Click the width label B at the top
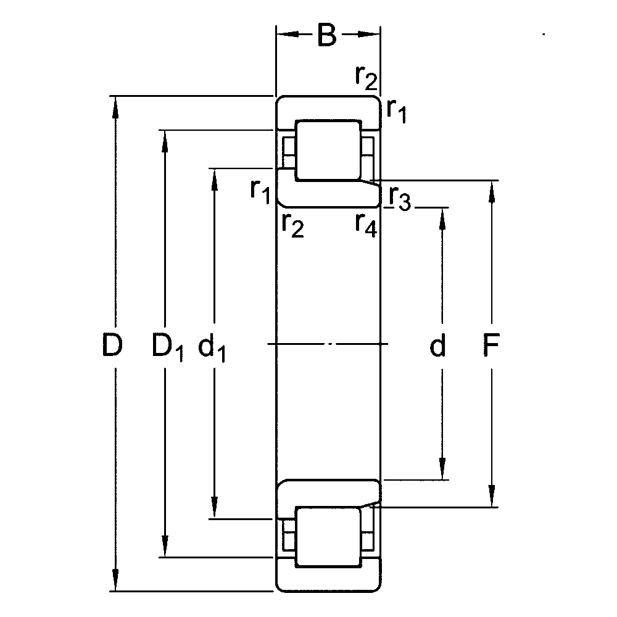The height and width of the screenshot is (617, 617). click(x=327, y=35)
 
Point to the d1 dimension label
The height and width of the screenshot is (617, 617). click(x=211, y=347)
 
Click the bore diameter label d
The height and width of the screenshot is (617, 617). click(x=437, y=345)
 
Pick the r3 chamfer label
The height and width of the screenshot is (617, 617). click(x=399, y=198)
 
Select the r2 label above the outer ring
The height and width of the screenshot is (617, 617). click(x=366, y=77)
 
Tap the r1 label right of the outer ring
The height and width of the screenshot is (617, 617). click(x=396, y=111)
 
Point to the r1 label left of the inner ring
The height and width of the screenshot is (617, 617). click(x=260, y=192)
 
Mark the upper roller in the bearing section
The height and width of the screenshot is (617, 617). click(x=328, y=151)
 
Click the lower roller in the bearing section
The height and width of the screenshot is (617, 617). click(x=328, y=537)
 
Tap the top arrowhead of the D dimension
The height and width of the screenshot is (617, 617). click(x=115, y=106)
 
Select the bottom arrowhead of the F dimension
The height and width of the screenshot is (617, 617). click(x=492, y=497)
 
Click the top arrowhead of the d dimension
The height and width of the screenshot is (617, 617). click(x=442, y=218)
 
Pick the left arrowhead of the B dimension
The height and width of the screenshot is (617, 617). click(x=288, y=35)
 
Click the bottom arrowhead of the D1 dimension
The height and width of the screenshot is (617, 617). click(x=165, y=547)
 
